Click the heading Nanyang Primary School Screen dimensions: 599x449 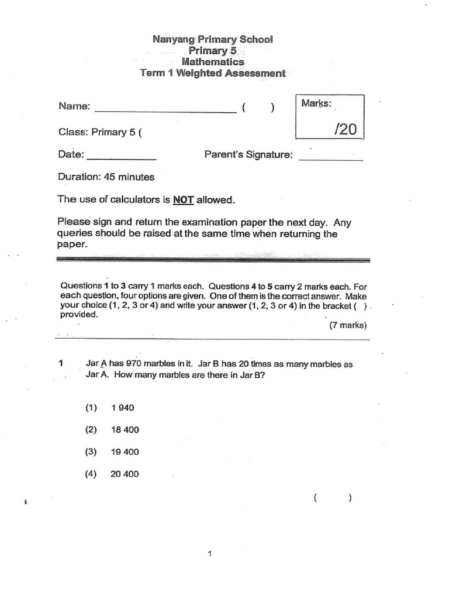click(x=212, y=40)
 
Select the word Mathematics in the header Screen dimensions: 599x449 click(x=213, y=62)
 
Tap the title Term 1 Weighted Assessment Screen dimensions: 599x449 click(x=213, y=73)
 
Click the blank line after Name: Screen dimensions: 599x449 click(x=164, y=110)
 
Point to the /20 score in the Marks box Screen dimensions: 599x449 click(x=345, y=129)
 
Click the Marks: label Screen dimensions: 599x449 click(x=316, y=104)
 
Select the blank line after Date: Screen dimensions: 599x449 click(x=122, y=159)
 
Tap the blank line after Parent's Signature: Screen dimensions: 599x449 click(x=330, y=159)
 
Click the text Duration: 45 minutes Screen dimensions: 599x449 click(x=106, y=177)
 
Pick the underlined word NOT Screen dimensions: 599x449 click(x=183, y=200)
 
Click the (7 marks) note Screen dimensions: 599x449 click(x=348, y=325)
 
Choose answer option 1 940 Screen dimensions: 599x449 click(x=122, y=408)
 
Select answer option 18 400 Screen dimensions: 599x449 click(x=125, y=430)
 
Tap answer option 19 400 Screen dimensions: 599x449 click(x=125, y=452)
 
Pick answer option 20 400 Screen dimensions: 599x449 click(x=125, y=474)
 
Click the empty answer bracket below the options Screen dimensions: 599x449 click(x=332, y=498)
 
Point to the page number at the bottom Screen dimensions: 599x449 click(x=209, y=556)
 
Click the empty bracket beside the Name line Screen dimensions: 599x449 click(x=258, y=108)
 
